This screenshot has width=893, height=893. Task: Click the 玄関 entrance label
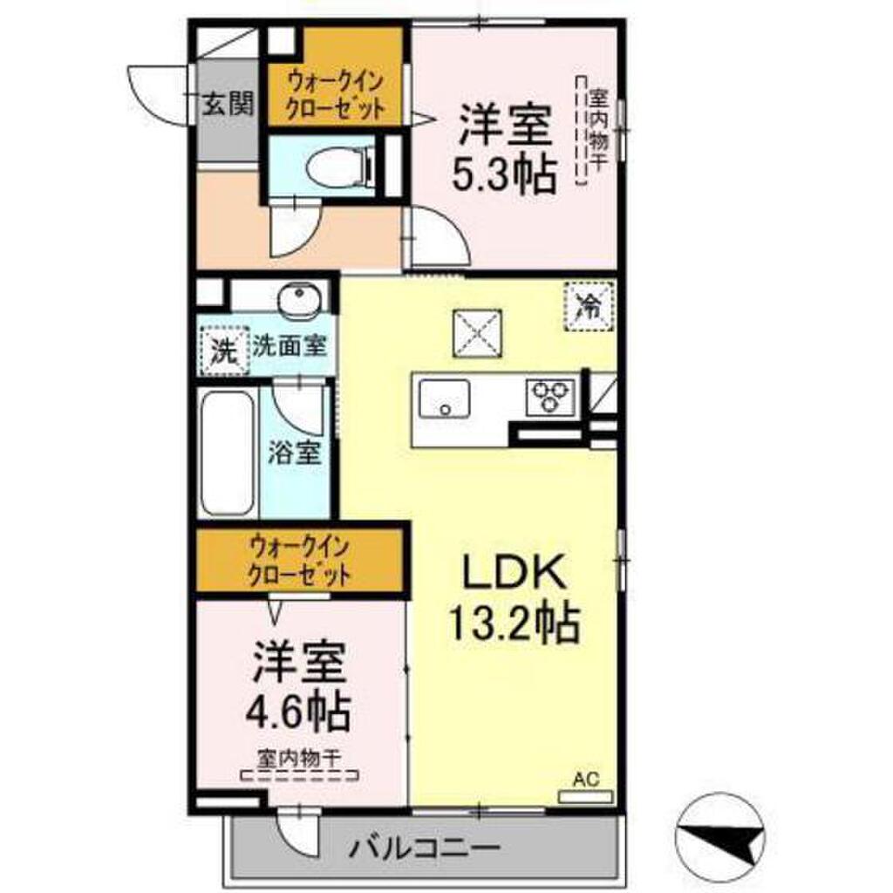click(x=228, y=105)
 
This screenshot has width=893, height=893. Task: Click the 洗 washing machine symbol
click(x=224, y=351)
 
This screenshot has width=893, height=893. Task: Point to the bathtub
click(x=228, y=453)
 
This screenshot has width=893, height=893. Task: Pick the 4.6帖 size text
click(x=298, y=712)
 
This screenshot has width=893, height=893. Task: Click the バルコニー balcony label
click(x=426, y=846)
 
